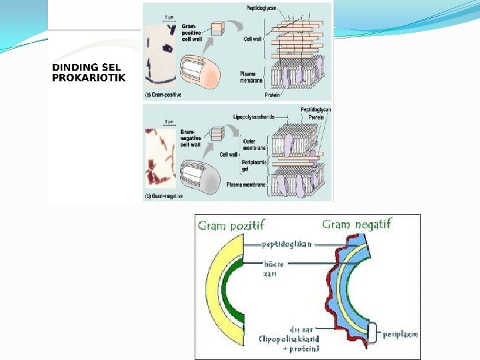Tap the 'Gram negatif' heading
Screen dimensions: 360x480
[x=357, y=224]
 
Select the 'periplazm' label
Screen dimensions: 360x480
[x=401, y=334]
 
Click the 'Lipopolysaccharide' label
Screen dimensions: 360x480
[x=253, y=117]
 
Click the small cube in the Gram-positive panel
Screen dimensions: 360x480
[x=217, y=28]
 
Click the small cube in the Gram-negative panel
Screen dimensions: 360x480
[x=217, y=133]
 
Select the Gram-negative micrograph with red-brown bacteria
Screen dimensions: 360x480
[x=161, y=157]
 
